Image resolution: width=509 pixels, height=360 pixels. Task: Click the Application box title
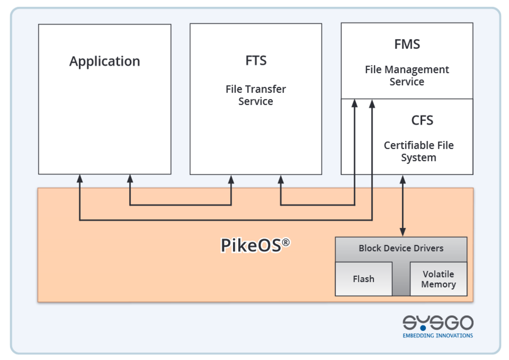click(104, 61)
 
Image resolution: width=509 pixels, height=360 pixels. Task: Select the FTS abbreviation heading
click(256, 61)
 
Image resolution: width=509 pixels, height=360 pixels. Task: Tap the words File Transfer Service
click(256, 95)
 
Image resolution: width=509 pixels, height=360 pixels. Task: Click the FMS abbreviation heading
click(407, 44)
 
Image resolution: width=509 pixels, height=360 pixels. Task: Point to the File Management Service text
click(407, 75)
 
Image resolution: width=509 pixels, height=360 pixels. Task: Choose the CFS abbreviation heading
click(422, 120)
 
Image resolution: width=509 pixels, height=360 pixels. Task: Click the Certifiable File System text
click(418, 151)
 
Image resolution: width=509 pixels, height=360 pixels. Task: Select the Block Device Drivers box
click(401, 248)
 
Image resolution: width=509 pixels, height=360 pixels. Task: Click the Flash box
click(364, 279)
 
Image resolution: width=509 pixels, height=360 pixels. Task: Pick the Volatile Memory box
click(438, 279)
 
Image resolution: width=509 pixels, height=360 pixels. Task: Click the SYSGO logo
click(438, 322)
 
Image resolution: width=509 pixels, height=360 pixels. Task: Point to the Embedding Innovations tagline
click(438, 335)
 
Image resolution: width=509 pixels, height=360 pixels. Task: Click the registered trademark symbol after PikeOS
click(286, 242)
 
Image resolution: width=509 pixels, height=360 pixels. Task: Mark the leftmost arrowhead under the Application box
click(80, 178)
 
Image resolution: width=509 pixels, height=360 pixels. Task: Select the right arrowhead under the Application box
click(130, 178)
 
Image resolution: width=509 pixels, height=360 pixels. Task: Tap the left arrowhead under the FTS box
click(231, 179)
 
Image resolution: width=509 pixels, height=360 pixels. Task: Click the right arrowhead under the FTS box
click(281, 179)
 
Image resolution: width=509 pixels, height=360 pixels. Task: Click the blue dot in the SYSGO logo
click(423, 328)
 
